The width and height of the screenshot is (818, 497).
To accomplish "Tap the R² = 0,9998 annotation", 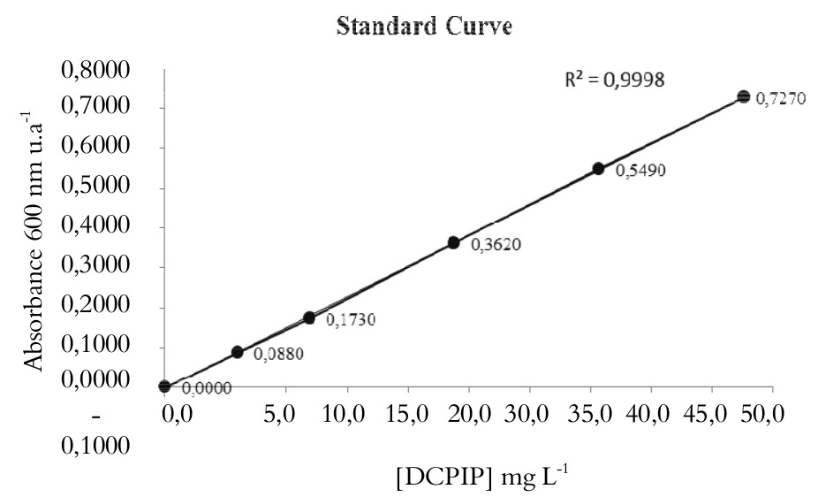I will pyautogui.click(x=615, y=80).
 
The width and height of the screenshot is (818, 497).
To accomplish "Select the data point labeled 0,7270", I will pyautogui.click(x=744, y=96).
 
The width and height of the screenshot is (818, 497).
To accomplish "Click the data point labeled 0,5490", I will pyautogui.click(x=598, y=168).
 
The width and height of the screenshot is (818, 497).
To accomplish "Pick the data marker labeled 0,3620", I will pyautogui.click(x=453, y=242).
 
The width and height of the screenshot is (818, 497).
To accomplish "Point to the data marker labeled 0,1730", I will pyautogui.click(x=309, y=317).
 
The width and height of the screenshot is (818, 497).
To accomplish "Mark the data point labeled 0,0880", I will pyautogui.click(x=237, y=352).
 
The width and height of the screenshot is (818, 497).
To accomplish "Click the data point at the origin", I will pyautogui.click(x=164, y=386).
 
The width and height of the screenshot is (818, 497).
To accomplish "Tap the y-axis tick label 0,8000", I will pyautogui.click(x=98, y=70).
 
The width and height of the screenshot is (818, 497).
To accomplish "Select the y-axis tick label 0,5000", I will pyautogui.click(x=98, y=189).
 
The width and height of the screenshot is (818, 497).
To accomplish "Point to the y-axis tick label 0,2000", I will pyautogui.click(x=98, y=309).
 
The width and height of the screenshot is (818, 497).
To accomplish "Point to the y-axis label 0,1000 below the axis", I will pyautogui.click(x=98, y=449).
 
